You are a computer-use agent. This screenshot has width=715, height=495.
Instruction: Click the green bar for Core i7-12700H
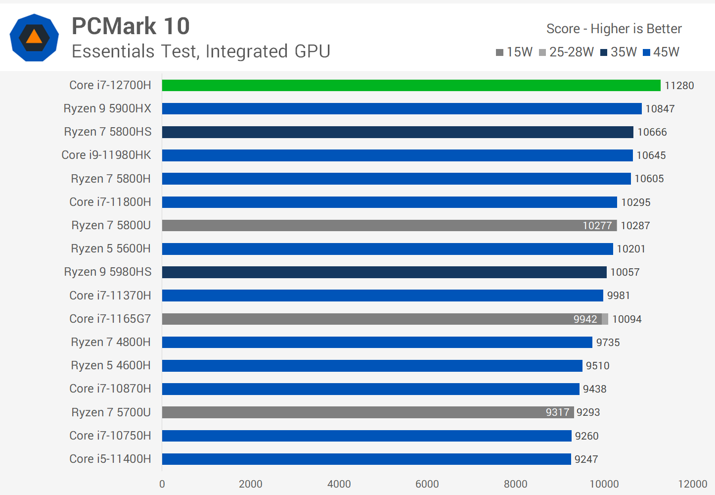(x=410, y=85)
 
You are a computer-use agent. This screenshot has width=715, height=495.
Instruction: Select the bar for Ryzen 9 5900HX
(x=402, y=108)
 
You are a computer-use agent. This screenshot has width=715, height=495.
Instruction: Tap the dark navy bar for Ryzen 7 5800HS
(x=398, y=132)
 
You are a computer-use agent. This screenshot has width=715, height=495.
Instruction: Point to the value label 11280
(x=679, y=86)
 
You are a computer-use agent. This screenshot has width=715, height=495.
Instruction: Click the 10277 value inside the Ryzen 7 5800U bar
(x=597, y=226)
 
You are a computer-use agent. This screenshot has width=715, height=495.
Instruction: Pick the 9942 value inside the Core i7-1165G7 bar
(x=585, y=319)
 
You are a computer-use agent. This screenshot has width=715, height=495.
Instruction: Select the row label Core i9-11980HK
(x=106, y=155)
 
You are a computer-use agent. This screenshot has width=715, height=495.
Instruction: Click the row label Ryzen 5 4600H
(x=111, y=365)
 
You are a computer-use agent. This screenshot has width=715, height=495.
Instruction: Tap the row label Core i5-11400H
(x=110, y=459)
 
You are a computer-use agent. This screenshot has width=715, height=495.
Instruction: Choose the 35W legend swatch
(x=603, y=52)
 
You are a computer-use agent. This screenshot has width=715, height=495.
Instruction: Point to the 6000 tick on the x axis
(x=427, y=484)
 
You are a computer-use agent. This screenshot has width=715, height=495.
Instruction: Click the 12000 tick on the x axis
(x=692, y=484)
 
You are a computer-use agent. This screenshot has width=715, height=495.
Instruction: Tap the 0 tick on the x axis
(x=162, y=484)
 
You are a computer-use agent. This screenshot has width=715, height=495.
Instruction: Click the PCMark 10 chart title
(x=131, y=26)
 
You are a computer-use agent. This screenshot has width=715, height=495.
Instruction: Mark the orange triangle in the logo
(x=34, y=37)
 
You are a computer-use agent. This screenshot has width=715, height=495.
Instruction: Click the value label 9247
(x=586, y=459)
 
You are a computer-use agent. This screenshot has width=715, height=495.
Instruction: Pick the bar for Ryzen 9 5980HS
(x=384, y=272)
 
